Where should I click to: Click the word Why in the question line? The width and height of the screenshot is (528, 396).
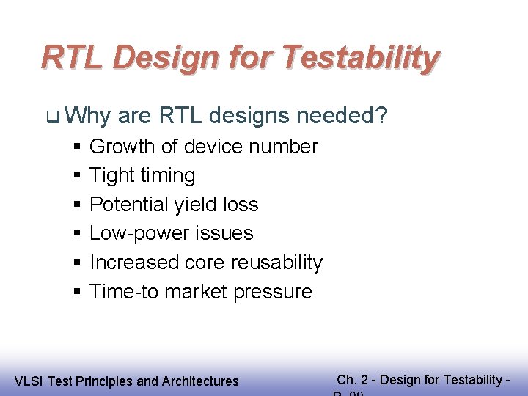click(x=88, y=115)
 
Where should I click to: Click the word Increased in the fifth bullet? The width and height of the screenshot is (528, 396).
click(x=133, y=263)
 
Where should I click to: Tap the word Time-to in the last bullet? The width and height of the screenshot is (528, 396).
click(x=124, y=292)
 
